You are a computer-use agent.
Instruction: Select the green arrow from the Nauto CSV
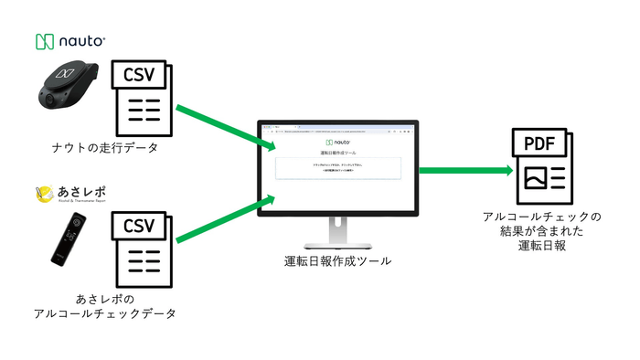[225, 129]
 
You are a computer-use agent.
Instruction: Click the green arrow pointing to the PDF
[465, 170]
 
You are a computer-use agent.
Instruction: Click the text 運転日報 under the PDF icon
[542, 245]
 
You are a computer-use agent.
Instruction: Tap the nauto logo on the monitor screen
[338, 143]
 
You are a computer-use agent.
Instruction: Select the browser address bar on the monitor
[338, 132]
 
